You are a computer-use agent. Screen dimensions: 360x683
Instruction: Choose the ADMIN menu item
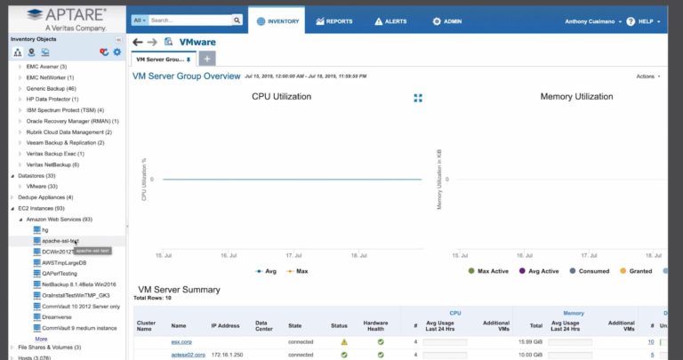[x=448, y=20]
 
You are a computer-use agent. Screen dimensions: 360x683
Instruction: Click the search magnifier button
[x=237, y=20]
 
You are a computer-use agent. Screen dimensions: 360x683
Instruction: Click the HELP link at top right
[x=646, y=20]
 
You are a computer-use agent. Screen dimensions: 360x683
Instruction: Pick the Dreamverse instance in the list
[x=57, y=316]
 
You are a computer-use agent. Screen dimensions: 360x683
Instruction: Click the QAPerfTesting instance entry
[x=60, y=273]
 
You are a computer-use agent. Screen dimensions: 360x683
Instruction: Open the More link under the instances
[x=41, y=339]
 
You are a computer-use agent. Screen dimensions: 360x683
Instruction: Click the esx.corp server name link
[x=181, y=341]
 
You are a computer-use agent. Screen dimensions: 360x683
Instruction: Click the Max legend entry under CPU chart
[x=301, y=271]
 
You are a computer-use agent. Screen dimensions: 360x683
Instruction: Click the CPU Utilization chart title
[x=281, y=96]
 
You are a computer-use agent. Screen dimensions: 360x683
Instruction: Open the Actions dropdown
[x=648, y=76]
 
